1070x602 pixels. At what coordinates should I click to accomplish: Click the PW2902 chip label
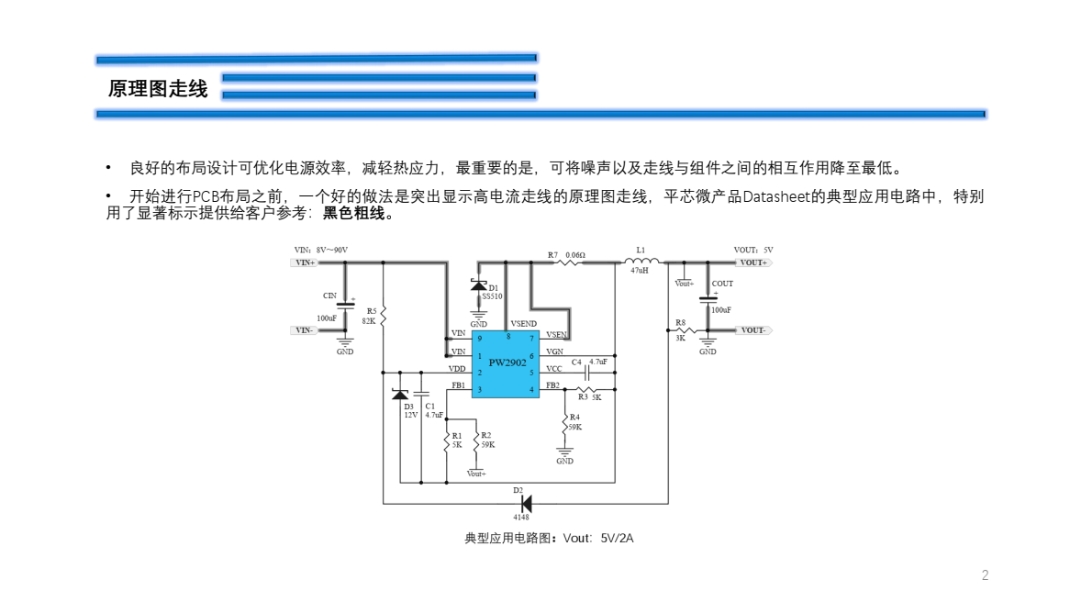click(507, 363)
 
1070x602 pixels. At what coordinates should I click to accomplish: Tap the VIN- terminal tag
click(305, 330)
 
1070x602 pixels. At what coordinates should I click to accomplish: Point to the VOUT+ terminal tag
click(753, 262)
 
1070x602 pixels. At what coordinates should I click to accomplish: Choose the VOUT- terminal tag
click(753, 330)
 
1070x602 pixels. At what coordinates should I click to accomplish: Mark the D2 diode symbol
click(526, 503)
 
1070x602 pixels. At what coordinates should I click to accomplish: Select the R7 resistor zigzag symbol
click(569, 262)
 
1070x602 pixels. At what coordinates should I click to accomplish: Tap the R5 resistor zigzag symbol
click(383, 316)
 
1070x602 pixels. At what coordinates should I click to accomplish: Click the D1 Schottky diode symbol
click(478, 285)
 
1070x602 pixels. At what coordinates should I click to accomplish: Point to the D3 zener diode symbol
click(400, 395)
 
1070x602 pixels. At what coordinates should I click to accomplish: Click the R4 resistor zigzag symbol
click(565, 423)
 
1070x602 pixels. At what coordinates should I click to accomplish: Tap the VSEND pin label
click(524, 324)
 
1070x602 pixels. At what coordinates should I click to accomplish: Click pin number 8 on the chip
click(507, 337)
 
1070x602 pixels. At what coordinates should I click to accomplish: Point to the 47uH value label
click(640, 272)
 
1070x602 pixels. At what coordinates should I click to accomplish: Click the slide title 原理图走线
click(158, 89)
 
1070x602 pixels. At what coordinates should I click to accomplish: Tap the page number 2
click(986, 575)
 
